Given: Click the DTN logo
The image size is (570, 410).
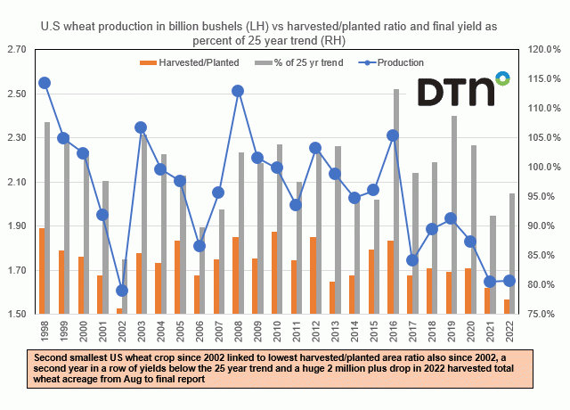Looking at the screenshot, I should (x=464, y=89).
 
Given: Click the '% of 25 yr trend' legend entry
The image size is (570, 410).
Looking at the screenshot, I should (x=300, y=62).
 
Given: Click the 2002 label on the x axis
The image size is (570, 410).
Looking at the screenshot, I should (x=122, y=332).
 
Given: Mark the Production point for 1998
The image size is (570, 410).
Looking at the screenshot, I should (x=45, y=83).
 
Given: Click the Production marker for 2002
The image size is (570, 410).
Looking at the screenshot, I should (x=122, y=291).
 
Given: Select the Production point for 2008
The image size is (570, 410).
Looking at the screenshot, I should (x=238, y=90).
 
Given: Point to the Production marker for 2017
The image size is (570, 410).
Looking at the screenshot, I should (x=412, y=260).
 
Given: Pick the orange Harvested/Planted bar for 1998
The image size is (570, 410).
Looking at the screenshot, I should (x=41, y=271).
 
